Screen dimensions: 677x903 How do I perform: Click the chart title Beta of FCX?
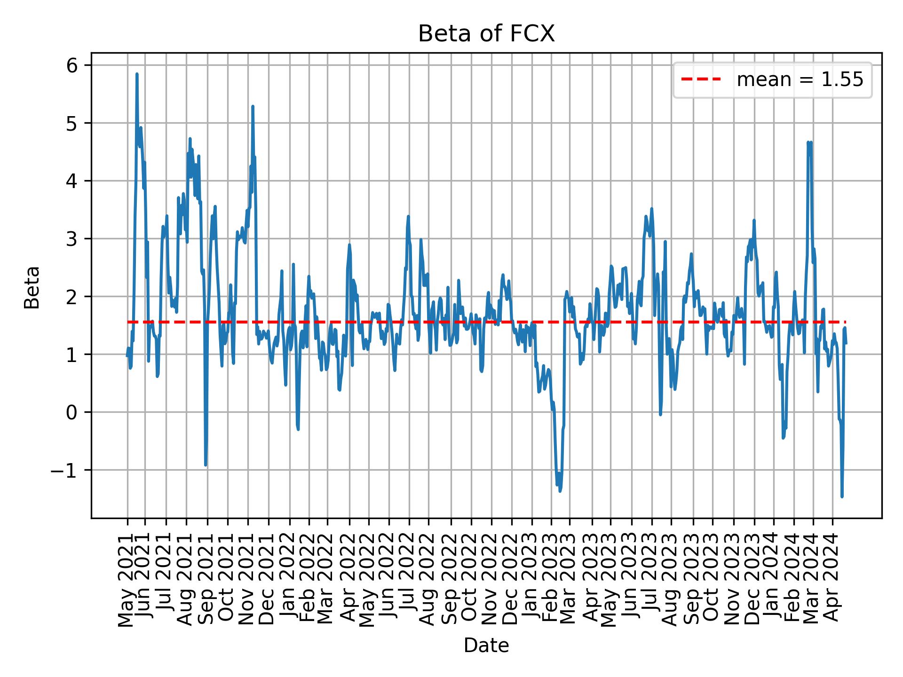tap(486, 34)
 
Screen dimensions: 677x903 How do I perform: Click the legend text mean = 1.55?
tap(800, 80)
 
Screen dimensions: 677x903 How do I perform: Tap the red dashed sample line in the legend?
tap(701, 80)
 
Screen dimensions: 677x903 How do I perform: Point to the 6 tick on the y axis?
tap(71, 65)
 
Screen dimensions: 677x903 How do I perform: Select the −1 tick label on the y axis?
tap(63, 470)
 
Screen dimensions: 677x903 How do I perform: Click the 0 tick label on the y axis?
tap(71, 412)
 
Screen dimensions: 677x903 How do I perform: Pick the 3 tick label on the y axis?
tap(71, 239)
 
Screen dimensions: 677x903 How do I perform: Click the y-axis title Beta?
tap(32, 287)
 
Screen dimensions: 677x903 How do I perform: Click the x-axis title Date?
tap(486, 646)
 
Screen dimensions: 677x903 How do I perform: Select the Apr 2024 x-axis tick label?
tap(832, 578)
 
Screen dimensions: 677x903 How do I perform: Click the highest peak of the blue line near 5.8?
tap(137, 74)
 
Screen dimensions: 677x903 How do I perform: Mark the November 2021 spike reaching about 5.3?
tap(253, 106)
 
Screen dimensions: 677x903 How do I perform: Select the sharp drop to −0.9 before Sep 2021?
tap(206, 465)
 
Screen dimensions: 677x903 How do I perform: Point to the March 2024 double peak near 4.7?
tap(809, 142)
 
